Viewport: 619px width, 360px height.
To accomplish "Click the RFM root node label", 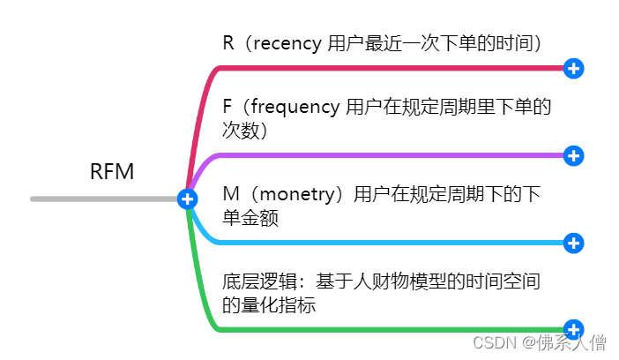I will (x=112, y=171).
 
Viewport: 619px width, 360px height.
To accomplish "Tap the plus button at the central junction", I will (x=187, y=199).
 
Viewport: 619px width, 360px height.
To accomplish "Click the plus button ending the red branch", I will (x=573, y=68).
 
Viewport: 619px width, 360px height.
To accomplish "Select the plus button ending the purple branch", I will (x=573, y=155).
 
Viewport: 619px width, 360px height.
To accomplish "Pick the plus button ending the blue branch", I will (x=573, y=243).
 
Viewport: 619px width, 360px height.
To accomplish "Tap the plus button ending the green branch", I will (x=573, y=329).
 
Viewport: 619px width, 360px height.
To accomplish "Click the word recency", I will (x=287, y=42).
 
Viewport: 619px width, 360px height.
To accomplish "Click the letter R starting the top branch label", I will (x=228, y=42).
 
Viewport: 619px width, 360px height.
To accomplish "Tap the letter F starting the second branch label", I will (x=227, y=107).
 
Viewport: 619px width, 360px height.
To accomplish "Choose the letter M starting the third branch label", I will (x=229, y=194).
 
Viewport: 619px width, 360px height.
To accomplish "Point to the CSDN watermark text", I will (x=493, y=342).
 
